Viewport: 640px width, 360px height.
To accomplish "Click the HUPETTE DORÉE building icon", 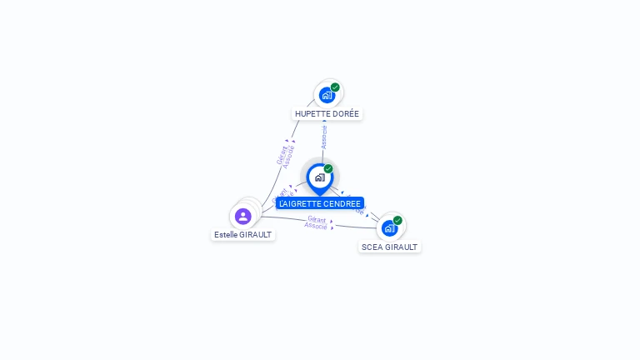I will [327, 95].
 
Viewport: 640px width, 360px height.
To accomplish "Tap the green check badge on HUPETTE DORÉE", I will [335, 87].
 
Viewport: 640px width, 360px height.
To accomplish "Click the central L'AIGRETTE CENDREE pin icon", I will [319, 177].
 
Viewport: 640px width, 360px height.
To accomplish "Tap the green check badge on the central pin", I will [328, 169].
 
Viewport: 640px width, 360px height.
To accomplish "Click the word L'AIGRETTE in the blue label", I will [298, 204].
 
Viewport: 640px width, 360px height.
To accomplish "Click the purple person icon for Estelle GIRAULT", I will [243, 217].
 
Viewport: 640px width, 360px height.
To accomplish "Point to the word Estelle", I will [226, 235].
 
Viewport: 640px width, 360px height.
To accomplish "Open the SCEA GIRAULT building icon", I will [389, 228].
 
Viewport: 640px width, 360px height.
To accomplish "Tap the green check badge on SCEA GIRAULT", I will [397, 221].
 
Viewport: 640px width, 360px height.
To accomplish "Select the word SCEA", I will [372, 247].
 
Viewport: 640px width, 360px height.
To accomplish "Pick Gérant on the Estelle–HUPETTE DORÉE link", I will [282, 154].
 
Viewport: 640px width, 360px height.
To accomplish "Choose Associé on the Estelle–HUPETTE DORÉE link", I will [289, 157].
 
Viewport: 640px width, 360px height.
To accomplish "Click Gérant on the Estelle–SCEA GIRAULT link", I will [316, 219].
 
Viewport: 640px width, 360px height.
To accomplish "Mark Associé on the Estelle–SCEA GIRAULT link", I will [316, 226].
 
